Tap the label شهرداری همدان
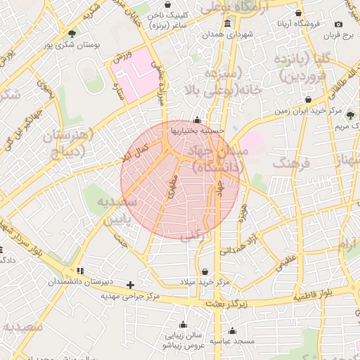pyautogui.click(x=227, y=34)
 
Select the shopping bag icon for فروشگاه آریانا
pyautogui.click(x=299, y=13)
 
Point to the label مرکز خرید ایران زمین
pyautogui.click(x=309, y=110)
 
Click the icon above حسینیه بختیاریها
pyautogui.click(x=196, y=120)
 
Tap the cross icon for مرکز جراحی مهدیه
pyautogui.click(x=130, y=285)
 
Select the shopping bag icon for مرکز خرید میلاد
pyautogui.click(x=205, y=271)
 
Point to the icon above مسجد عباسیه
pyautogui.click(x=233, y=330)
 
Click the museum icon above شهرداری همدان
pyautogui.click(x=227, y=23)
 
